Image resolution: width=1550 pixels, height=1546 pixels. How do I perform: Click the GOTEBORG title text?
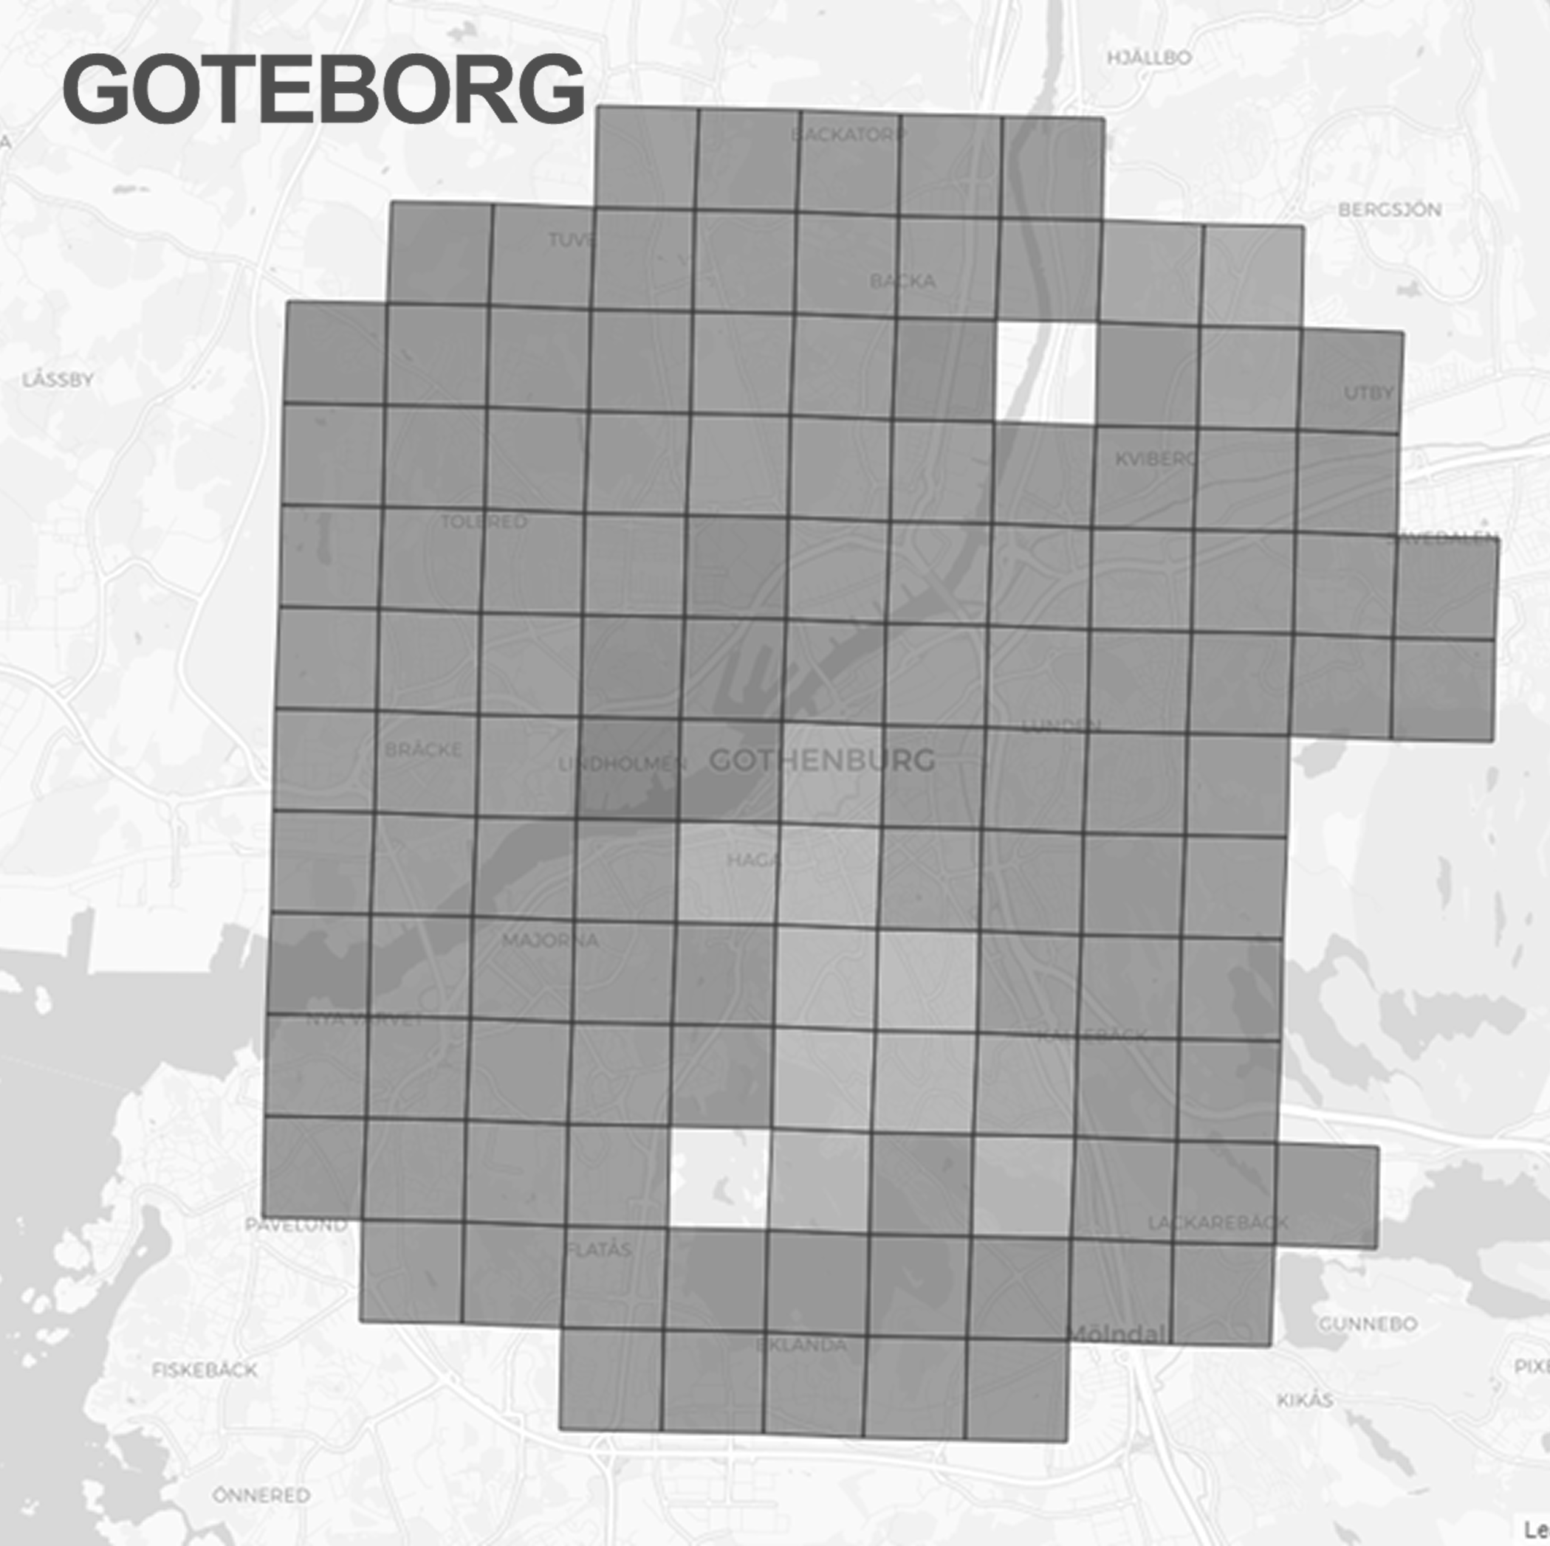tap(323, 89)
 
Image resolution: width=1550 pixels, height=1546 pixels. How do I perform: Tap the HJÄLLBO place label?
tap(1149, 58)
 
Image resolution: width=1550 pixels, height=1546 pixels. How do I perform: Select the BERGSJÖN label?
tap(1390, 210)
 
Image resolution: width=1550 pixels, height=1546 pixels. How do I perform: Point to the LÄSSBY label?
tap(58, 379)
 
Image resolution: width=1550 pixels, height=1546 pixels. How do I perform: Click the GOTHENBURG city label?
tap(823, 760)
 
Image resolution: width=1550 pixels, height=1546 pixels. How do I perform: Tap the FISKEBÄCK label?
tap(205, 1370)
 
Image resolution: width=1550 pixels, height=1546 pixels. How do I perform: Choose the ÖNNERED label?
tap(261, 1496)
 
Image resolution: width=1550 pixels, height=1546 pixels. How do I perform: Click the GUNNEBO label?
tap(1368, 1324)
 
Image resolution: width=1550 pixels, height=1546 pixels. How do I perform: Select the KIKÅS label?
tap(1306, 1400)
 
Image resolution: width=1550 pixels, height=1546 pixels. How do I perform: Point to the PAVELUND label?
tap(296, 1225)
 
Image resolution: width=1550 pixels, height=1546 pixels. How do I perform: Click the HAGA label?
tap(752, 860)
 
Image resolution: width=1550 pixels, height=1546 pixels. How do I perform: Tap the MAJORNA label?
tap(550, 940)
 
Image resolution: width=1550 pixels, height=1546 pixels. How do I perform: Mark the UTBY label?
tap(1368, 393)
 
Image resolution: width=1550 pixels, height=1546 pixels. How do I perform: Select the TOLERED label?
tap(484, 522)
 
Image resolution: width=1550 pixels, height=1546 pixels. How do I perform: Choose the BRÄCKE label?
tap(423, 750)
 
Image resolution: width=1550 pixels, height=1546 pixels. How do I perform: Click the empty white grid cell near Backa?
tap(1046, 372)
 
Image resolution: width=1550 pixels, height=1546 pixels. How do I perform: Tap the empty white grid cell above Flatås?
tap(719, 1178)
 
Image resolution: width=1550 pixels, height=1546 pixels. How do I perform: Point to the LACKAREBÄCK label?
tap(1217, 1223)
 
